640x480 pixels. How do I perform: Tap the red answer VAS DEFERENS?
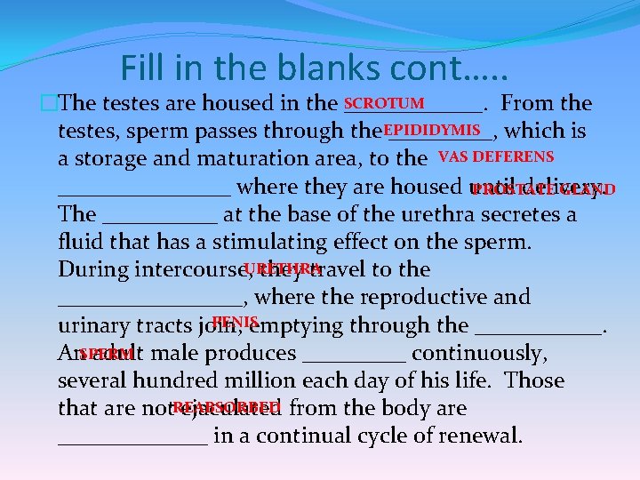point(496,157)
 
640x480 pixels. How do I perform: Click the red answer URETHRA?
point(282,268)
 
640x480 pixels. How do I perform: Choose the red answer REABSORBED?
point(227,407)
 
